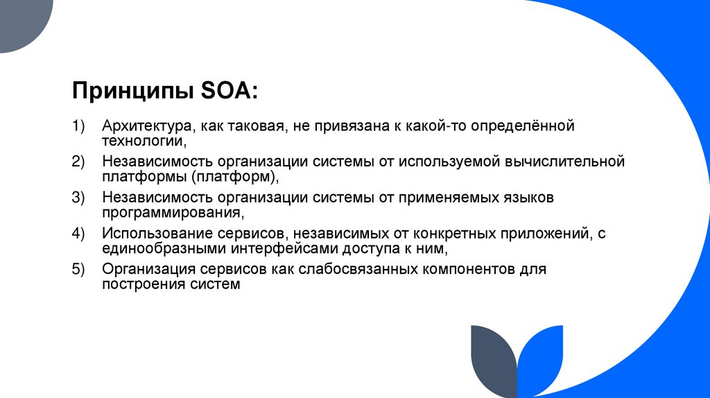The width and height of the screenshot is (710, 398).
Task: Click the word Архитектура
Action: coord(146,127)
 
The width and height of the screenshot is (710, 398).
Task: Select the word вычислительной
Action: coord(566,162)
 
